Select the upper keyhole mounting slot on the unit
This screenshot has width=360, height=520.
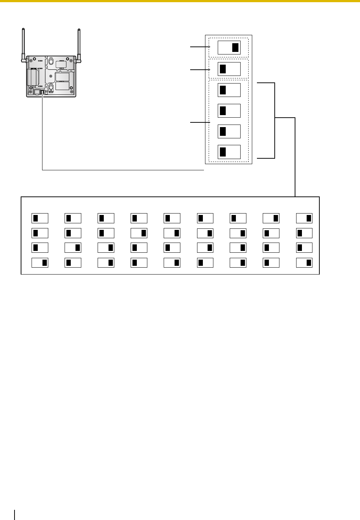tap(51, 61)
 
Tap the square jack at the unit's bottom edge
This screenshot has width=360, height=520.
tap(37, 92)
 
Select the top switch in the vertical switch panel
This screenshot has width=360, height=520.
tap(229, 48)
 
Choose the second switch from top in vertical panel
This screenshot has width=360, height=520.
tap(229, 69)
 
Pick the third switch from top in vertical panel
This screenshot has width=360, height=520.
tap(229, 90)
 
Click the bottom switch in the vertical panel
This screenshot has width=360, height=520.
tap(229, 152)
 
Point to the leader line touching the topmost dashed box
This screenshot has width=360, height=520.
tap(200, 47)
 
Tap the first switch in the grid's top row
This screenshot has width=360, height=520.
tap(40, 218)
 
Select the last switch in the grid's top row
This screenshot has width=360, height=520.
tap(304, 218)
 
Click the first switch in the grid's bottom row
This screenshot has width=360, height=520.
tap(40, 263)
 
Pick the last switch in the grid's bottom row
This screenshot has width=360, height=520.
tap(304, 263)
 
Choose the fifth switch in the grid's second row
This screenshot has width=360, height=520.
tap(172, 233)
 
